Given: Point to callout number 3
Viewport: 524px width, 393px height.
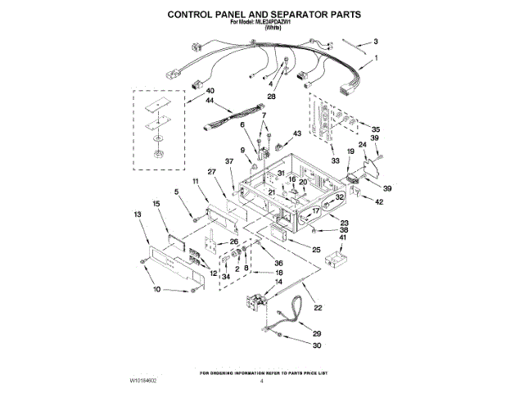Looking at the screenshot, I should pos(376,41).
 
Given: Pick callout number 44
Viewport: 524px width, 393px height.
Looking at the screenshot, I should pos(187,101).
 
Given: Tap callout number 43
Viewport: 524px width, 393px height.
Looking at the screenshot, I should pos(297,133).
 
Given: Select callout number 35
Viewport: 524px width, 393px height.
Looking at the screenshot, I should pos(376,129).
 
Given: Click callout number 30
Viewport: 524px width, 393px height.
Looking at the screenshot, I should pos(317,346).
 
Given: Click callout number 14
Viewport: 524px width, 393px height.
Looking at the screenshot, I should pos(278,281).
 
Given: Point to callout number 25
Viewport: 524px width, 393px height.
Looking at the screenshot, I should pos(315,249).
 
